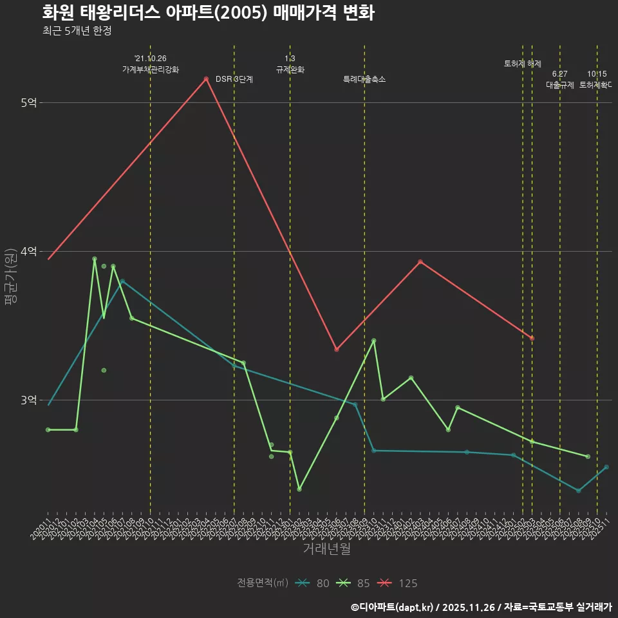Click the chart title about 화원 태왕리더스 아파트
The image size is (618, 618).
pyautogui.click(x=208, y=13)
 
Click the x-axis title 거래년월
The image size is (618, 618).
pyautogui.click(x=326, y=549)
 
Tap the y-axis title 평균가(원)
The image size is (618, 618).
pyautogui.click(x=11, y=281)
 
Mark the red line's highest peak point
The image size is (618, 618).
pyautogui.click(x=206, y=79)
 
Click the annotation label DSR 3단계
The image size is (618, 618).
pyautogui.click(x=234, y=79)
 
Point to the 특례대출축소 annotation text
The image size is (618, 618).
pyautogui.click(x=364, y=79)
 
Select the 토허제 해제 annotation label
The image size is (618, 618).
pyautogui.click(x=523, y=64)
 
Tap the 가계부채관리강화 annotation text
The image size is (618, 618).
pyautogui.click(x=151, y=69)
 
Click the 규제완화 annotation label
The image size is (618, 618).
pyautogui.click(x=290, y=69)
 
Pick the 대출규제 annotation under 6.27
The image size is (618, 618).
pyautogui.click(x=560, y=84)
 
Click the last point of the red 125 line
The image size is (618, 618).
pyautogui.click(x=532, y=338)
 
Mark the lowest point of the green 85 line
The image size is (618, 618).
pyautogui.click(x=299, y=489)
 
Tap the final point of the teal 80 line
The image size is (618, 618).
pyautogui.click(x=606, y=467)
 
